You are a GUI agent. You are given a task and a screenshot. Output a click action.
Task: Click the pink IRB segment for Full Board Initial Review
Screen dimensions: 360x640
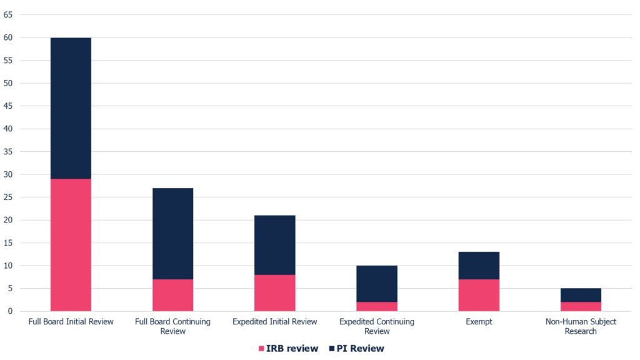[71, 245]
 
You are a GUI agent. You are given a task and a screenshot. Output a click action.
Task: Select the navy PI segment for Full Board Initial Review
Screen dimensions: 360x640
[71, 108]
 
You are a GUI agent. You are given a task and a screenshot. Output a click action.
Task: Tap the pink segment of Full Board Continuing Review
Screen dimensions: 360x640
[172, 295]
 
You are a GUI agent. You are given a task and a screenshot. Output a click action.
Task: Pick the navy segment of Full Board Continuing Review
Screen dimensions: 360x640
[172, 234]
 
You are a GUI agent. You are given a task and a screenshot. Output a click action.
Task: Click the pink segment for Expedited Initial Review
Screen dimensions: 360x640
[274, 292]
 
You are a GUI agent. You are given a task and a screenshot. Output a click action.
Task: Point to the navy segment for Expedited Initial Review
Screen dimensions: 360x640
[274, 245]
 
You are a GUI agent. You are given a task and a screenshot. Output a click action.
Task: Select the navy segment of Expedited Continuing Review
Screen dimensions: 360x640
[377, 284]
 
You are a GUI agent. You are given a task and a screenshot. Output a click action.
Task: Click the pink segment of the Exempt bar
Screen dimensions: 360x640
[479, 295]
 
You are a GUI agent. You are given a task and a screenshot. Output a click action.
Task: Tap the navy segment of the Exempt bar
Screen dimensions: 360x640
[479, 266]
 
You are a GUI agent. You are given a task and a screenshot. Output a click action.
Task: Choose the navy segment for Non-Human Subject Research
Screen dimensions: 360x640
[581, 295]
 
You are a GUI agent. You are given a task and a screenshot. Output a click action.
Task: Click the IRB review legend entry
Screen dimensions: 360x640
[288, 348]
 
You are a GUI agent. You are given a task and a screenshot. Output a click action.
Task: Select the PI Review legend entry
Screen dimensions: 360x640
[356, 348]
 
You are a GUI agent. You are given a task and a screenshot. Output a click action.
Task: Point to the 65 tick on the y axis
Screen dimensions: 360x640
[8, 15]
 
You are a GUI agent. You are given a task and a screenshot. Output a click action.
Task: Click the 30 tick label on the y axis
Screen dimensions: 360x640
[8, 174]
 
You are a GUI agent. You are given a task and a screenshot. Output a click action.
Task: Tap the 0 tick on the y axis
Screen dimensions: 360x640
[10, 311]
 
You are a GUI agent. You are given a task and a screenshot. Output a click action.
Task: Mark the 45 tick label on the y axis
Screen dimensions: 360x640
[8, 106]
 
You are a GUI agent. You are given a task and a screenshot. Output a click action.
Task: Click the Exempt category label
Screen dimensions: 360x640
[479, 322]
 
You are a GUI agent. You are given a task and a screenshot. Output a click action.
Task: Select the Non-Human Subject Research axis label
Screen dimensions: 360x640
[581, 326]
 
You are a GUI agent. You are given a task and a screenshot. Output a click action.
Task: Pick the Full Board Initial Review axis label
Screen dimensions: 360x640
[71, 322]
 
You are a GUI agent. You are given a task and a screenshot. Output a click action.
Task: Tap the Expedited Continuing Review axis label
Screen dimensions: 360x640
[377, 326]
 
